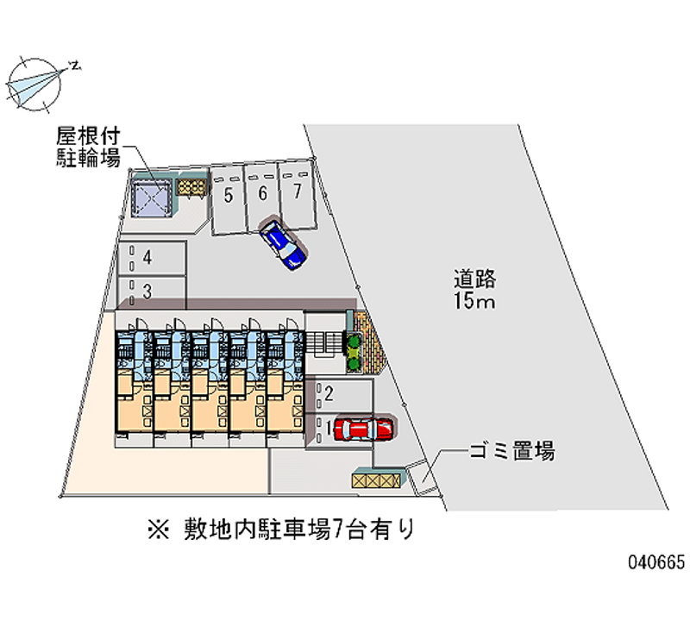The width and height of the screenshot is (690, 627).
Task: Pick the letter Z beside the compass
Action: [x=77, y=65]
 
